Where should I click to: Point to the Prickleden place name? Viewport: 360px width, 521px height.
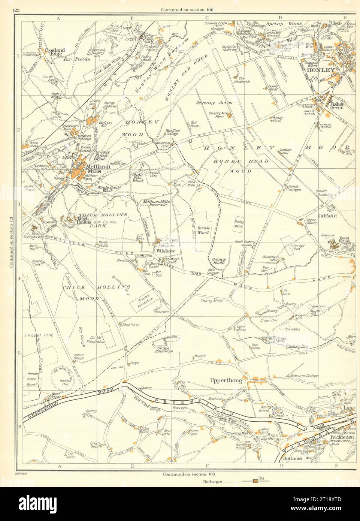pyautogui.click(x=342, y=437)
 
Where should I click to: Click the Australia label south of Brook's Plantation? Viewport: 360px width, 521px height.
pyautogui.click(x=163, y=312)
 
